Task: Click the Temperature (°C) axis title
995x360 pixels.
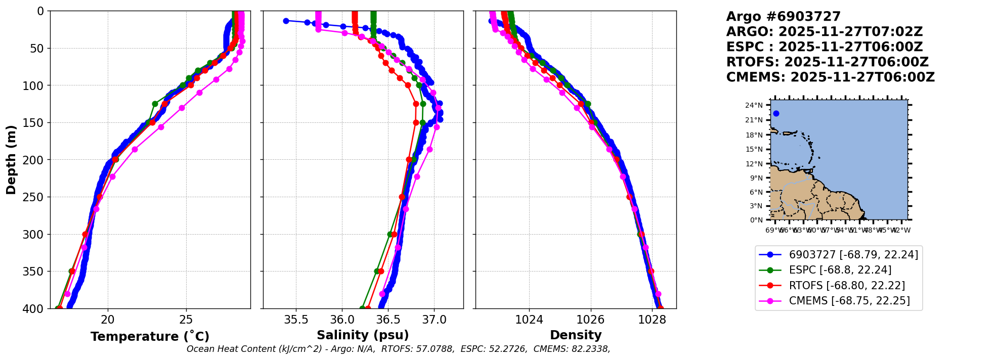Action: [150, 337]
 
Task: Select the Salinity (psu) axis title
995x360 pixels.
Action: [363, 335]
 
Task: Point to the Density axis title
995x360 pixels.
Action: [576, 335]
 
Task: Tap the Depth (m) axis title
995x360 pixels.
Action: [11, 160]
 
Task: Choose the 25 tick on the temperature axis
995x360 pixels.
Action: [186, 320]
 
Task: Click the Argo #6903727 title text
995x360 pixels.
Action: [783, 17]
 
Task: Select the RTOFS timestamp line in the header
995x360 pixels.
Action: [827, 62]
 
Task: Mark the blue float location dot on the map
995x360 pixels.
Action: [776, 114]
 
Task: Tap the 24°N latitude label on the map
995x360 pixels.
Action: [754, 106]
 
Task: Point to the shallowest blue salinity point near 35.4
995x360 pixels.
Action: [286, 21]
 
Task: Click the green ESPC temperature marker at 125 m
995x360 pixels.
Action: [155, 104]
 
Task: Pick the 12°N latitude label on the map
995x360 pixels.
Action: [754, 164]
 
